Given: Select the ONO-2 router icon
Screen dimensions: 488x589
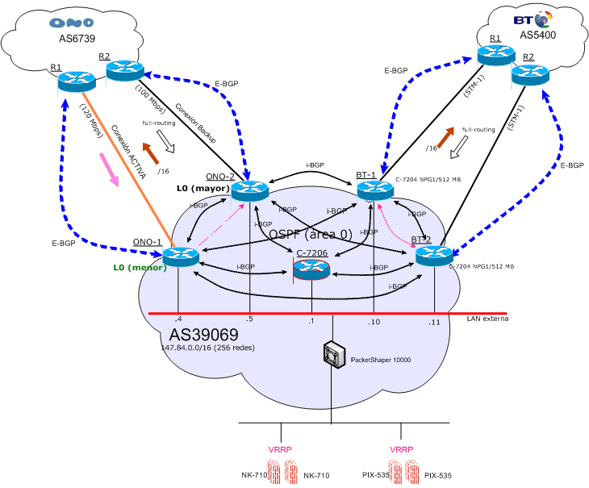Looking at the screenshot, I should (249, 191).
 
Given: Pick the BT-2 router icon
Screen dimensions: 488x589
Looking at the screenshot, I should (433, 257).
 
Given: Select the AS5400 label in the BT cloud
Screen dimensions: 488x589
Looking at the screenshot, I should (538, 35).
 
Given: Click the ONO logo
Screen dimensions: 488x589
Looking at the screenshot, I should (71, 23).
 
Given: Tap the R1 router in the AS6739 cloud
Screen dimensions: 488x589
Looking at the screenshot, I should (77, 81).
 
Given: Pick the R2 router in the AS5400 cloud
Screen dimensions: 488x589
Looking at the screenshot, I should (529, 74).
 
